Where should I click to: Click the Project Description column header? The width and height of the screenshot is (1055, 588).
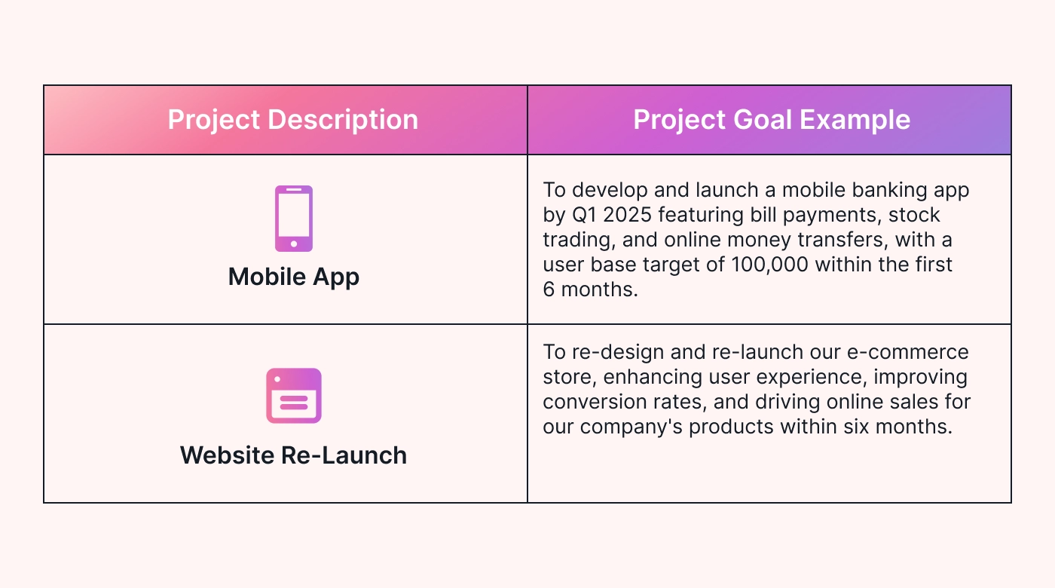pyautogui.click(x=293, y=120)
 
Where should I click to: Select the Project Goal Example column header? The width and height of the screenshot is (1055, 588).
pyautogui.click(x=772, y=120)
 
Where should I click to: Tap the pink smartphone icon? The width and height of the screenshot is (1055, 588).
pyautogui.click(x=294, y=219)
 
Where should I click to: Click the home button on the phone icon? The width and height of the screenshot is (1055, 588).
pyautogui.click(x=294, y=243)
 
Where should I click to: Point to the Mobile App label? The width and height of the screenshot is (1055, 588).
pyautogui.click(x=294, y=277)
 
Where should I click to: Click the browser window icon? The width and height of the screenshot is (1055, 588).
pyautogui.click(x=294, y=396)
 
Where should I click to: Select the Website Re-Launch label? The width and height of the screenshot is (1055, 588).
pyautogui.click(x=293, y=455)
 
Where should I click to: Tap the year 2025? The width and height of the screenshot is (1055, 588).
pyautogui.click(x=627, y=215)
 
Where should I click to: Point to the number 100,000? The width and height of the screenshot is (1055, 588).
pyautogui.click(x=769, y=265)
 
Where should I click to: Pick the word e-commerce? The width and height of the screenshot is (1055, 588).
pyautogui.click(x=907, y=353)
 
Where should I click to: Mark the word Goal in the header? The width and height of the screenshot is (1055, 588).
pyautogui.click(x=762, y=120)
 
